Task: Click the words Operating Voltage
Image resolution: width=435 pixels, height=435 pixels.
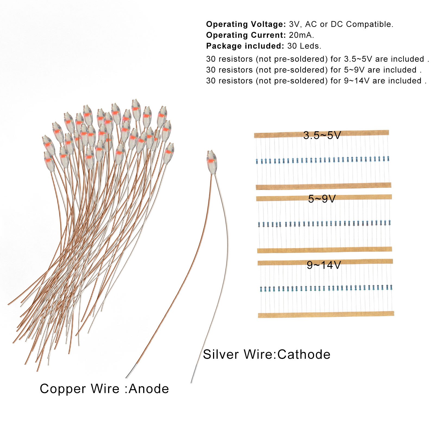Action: click(x=246, y=24)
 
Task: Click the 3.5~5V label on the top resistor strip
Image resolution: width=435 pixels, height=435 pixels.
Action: click(x=322, y=135)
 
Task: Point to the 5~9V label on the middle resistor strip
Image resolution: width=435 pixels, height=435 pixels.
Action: click(x=322, y=199)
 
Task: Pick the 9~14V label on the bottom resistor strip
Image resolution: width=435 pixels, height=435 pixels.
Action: click(x=324, y=265)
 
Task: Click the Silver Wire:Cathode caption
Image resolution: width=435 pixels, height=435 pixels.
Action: click(x=267, y=355)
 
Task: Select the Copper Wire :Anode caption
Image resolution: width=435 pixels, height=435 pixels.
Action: click(x=104, y=389)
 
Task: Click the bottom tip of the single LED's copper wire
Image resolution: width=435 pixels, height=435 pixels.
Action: click(x=127, y=377)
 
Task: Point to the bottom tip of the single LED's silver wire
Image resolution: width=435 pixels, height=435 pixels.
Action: click(x=192, y=382)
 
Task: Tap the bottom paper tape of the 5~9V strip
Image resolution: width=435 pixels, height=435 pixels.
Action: click(x=324, y=250)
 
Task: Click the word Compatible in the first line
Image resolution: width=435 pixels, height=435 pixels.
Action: click(x=369, y=24)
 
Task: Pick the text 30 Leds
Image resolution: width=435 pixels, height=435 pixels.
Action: click(x=304, y=46)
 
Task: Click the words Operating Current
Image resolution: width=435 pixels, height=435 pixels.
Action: click(x=246, y=35)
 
